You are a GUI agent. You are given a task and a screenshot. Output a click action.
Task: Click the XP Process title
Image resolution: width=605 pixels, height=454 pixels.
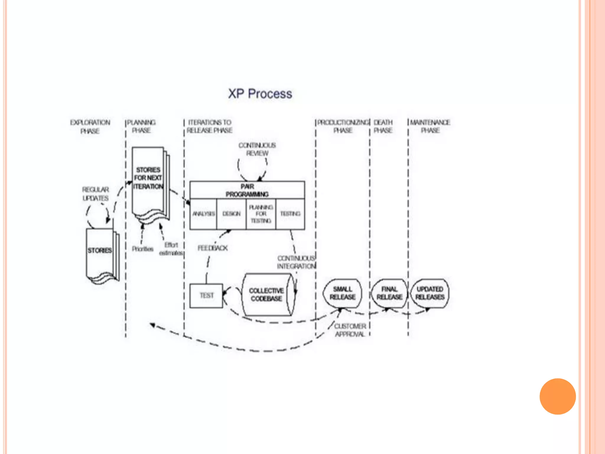(x=260, y=94)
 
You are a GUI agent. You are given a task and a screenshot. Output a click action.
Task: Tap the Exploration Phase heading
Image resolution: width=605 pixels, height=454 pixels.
(x=90, y=127)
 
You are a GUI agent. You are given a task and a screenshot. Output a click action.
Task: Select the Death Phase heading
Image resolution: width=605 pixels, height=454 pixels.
(x=383, y=126)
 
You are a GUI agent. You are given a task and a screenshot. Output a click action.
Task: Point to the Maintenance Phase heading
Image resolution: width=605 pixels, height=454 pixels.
(x=430, y=126)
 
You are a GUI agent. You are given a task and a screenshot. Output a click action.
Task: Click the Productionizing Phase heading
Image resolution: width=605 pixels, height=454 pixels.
(x=343, y=126)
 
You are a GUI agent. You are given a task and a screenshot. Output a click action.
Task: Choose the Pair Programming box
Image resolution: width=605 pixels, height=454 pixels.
(x=247, y=190)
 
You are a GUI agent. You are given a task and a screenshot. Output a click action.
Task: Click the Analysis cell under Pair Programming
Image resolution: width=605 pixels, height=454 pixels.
(x=204, y=214)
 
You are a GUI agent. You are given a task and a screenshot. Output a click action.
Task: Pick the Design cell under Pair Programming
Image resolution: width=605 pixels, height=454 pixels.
(x=232, y=214)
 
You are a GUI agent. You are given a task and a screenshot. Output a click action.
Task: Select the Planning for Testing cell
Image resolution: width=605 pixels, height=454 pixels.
(x=261, y=214)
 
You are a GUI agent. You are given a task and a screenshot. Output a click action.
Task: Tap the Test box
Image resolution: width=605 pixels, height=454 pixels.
(x=206, y=296)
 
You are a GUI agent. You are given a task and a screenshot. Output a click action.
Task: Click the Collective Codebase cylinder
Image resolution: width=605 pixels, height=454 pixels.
(x=266, y=295)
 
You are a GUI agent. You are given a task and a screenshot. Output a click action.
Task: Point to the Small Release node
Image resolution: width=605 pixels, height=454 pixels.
(x=343, y=293)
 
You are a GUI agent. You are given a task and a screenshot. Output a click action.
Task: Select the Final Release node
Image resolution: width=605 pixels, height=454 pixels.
(x=389, y=293)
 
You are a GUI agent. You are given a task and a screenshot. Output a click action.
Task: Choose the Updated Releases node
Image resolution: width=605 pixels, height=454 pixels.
(x=430, y=293)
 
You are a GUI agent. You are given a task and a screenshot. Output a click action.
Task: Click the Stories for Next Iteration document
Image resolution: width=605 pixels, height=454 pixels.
(x=148, y=178)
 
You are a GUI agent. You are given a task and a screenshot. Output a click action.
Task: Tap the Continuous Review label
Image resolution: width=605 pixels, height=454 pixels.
(x=257, y=149)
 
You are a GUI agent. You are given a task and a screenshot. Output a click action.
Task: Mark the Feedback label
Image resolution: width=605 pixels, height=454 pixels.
(x=213, y=248)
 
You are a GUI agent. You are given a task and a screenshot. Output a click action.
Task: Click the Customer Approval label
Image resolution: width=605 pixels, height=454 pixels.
(x=350, y=330)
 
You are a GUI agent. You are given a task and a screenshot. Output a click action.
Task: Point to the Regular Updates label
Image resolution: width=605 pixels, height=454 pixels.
(x=95, y=194)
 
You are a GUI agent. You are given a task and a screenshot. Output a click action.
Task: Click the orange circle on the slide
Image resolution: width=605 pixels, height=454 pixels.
(x=557, y=396)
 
